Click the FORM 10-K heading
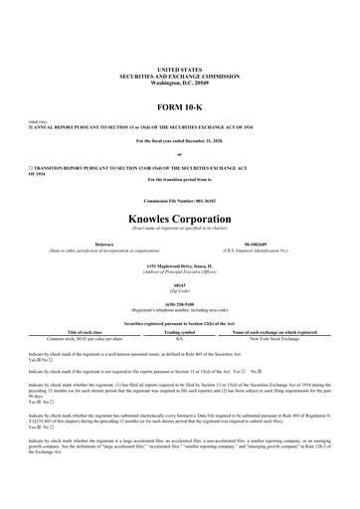click(x=179, y=104)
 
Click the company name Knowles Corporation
click(x=179, y=216)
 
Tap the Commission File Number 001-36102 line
click(x=179, y=202)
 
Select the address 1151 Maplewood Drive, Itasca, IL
click(x=179, y=267)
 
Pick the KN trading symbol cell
click(x=179, y=338)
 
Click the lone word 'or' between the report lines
click(x=179, y=154)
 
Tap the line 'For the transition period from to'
click(x=179, y=180)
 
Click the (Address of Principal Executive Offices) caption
click(x=179, y=273)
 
